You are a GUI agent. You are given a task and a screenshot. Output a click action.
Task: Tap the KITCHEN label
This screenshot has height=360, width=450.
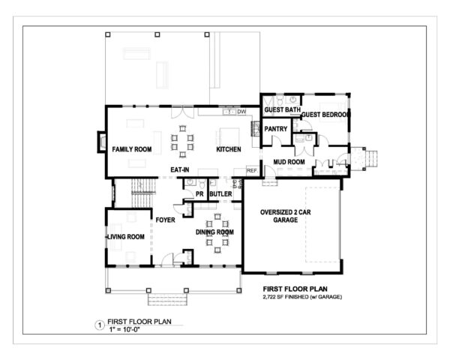pyautogui.click(x=229, y=150)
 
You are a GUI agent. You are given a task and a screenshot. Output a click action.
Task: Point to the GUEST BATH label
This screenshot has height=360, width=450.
pyautogui.click(x=282, y=111)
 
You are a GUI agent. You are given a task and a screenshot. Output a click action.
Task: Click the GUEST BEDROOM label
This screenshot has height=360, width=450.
pyautogui.click(x=325, y=115)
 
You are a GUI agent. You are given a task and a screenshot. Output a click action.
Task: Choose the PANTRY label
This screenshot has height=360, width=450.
pyautogui.click(x=277, y=129)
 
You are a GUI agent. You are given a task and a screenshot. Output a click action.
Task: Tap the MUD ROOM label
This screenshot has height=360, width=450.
pyautogui.click(x=289, y=161)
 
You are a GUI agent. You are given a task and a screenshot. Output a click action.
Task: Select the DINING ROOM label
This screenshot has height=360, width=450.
pyautogui.click(x=215, y=232)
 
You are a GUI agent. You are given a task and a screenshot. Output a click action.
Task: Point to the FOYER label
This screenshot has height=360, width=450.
pyautogui.click(x=165, y=220)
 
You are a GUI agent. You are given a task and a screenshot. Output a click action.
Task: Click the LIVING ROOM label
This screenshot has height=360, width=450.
pyautogui.click(x=125, y=237)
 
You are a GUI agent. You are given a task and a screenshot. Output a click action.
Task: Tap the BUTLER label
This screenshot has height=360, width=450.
pyautogui.click(x=220, y=194)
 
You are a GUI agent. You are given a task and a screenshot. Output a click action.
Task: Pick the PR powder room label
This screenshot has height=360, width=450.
pyautogui.click(x=199, y=194)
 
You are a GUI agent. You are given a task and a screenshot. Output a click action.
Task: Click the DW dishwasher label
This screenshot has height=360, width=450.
pyautogui.click(x=241, y=112)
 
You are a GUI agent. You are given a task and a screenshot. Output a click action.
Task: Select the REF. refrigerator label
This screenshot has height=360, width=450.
pyautogui.click(x=251, y=171)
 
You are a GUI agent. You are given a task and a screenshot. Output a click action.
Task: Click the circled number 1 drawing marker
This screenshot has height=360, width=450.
pyautogui.click(x=98, y=325)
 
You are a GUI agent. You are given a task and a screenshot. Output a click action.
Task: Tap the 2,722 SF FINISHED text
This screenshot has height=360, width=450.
pyautogui.click(x=301, y=298)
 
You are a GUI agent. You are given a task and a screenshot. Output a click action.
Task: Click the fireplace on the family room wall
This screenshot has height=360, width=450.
pyautogui.click(x=100, y=142)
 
